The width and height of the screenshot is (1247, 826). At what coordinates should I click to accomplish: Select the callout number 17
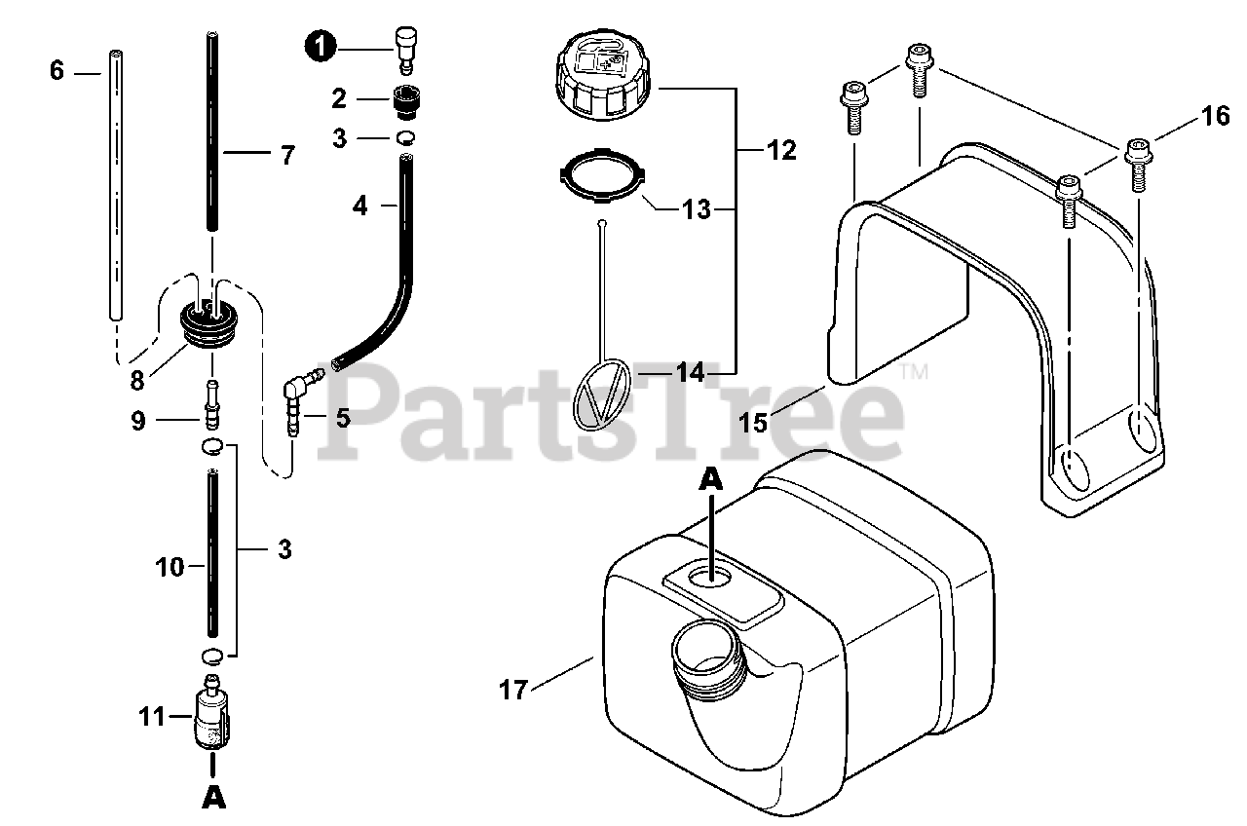coord(513,690)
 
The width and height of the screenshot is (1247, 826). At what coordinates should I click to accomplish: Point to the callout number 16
coord(1215,116)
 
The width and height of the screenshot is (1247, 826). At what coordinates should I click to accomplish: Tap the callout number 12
coord(781,150)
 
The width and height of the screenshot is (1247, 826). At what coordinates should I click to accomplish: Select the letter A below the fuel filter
coord(214,796)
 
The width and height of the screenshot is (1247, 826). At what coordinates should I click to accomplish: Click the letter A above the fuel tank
coord(712,479)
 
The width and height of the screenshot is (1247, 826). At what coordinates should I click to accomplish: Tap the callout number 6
coord(57,71)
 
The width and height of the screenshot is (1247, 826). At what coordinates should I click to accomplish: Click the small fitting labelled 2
coord(404,98)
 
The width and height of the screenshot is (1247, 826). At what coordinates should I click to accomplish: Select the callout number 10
coord(170,566)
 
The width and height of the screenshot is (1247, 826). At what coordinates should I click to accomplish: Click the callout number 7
coord(287,154)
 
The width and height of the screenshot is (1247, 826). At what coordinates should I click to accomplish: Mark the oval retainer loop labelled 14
coord(602,394)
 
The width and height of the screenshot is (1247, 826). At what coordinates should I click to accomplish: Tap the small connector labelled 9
coord(210,405)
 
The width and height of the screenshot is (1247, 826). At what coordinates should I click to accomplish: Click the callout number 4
coord(360,206)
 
